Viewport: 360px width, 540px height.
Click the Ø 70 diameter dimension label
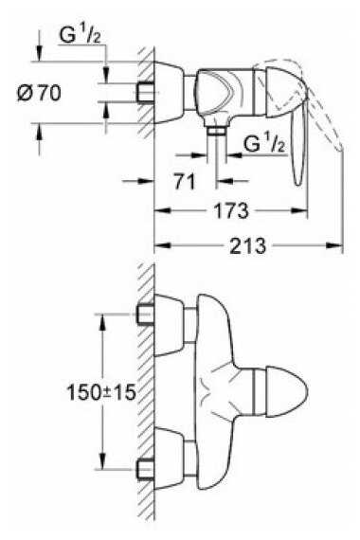39,93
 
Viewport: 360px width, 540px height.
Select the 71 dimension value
185,182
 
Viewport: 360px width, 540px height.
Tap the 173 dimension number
230,210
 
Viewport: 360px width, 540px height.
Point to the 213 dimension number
247,245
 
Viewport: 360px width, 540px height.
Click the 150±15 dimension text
101,392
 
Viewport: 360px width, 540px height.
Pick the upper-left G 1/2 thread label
80,35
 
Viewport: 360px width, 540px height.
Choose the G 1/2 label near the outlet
264,144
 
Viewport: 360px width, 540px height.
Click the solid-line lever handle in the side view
298,141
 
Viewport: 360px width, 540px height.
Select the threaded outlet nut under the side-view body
217,131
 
